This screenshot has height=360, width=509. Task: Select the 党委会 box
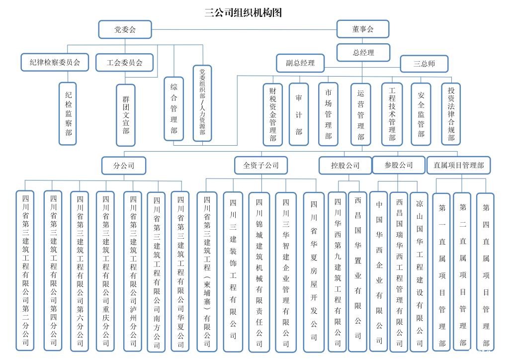coord(125,29)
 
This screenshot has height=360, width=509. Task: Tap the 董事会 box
coord(362,29)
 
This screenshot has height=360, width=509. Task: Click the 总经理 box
coord(363,52)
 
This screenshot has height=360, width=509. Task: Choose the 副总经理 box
coord(300,63)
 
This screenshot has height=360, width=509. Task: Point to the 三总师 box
coord(424,64)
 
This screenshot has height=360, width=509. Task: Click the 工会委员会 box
coord(125,63)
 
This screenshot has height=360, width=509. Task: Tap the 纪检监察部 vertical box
coord(68,113)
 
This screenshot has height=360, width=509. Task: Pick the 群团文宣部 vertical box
coord(125,115)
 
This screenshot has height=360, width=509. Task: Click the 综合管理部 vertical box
coord(173,108)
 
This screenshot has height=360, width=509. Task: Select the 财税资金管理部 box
coord(272,114)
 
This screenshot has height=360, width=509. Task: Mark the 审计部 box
coord(299,114)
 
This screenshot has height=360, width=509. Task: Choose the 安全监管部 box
coord(421,114)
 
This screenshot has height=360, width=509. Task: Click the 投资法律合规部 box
coord(451,113)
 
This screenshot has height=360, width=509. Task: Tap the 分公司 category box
coord(124,165)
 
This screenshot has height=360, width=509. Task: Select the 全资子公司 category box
coord(261,165)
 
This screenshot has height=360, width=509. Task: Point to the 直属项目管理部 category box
coord(458,165)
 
